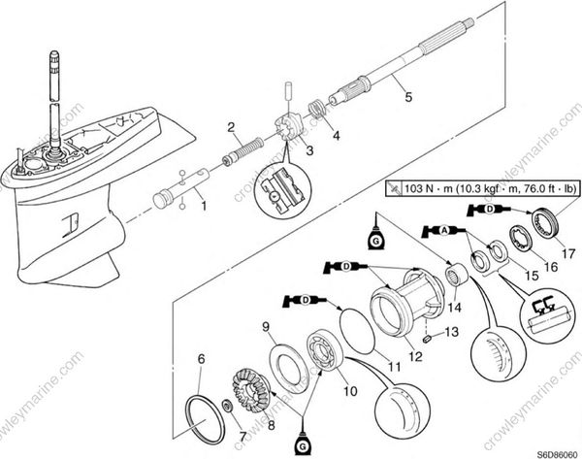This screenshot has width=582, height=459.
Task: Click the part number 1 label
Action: point(202,206)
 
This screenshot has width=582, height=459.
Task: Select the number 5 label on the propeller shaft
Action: point(407,97)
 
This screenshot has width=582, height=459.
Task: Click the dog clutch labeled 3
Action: point(285,128)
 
